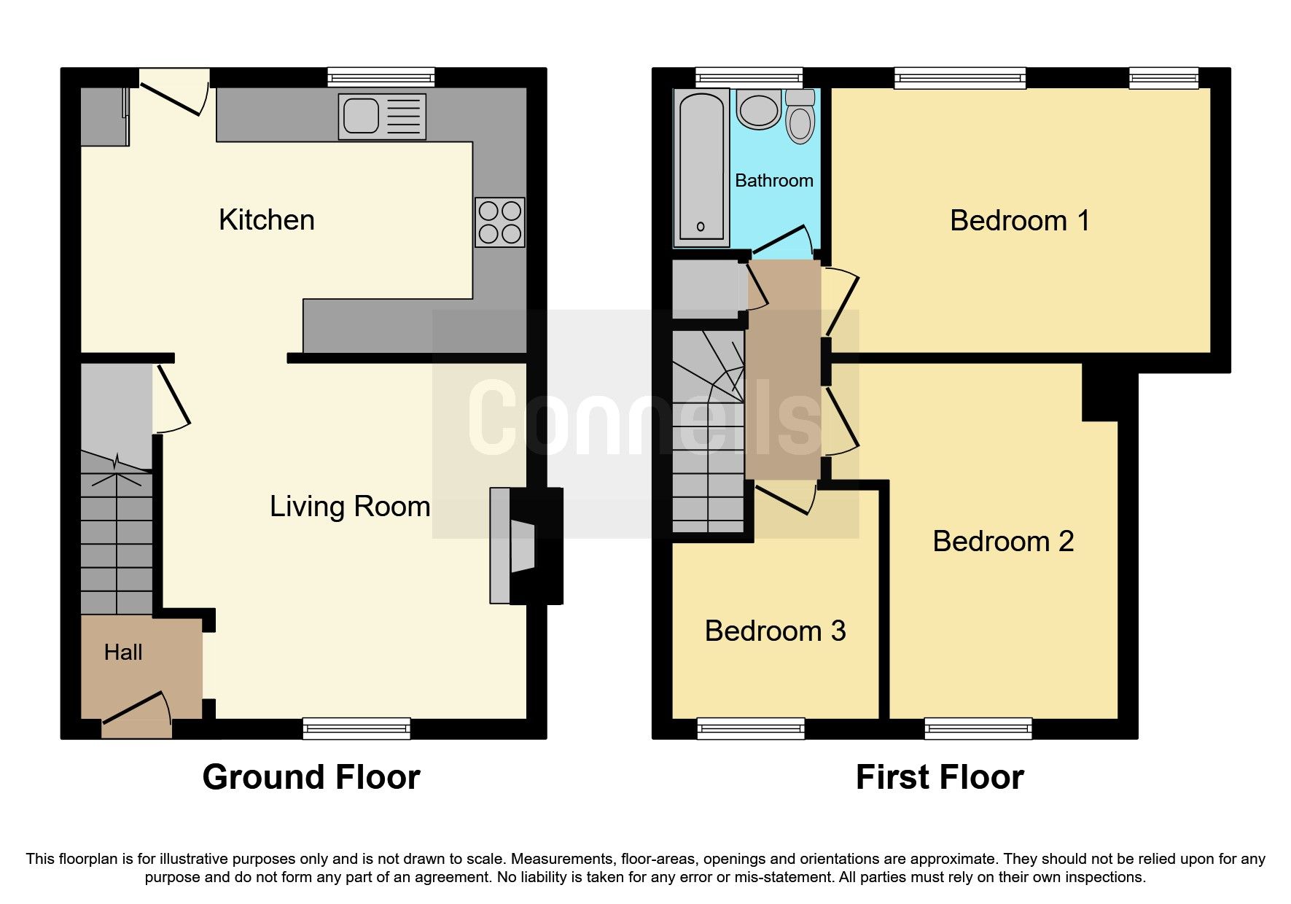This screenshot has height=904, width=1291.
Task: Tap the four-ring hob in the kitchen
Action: (x=499, y=222)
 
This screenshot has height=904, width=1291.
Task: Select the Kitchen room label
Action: (x=267, y=220)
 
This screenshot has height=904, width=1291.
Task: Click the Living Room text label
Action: (x=350, y=507)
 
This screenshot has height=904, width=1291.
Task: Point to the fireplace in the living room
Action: (x=525, y=545)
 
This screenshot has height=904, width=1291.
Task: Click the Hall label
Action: (x=123, y=652)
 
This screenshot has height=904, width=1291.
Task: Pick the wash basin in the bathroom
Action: (x=759, y=110)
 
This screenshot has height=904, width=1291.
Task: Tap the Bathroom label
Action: (x=773, y=181)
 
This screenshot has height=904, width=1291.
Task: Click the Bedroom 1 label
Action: (x=1019, y=221)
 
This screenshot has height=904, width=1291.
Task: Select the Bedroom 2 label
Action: (x=1003, y=542)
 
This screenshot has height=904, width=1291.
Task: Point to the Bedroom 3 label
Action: (x=775, y=631)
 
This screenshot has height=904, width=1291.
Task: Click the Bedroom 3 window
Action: (x=751, y=728)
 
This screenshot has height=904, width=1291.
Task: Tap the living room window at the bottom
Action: (x=356, y=728)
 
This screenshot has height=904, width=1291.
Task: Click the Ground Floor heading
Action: (x=311, y=777)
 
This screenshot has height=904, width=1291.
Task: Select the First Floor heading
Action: (x=939, y=777)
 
